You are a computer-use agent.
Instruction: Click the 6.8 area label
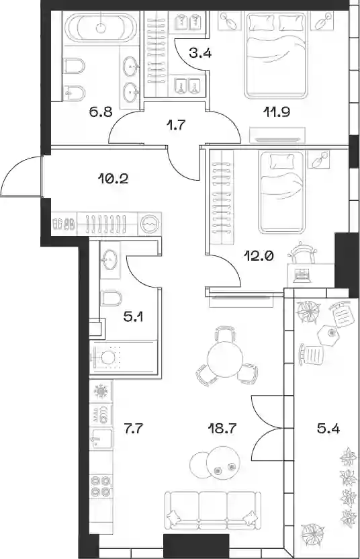pyautogui.click(x=101, y=112)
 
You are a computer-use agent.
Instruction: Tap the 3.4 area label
pyautogui.click(x=200, y=54)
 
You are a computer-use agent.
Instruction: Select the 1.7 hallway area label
pyautogui.click(x=177, y=125)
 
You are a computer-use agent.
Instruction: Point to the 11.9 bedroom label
pyautogui.click(x=276, y=112)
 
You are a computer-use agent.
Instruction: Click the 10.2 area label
pyautogui.click(x=113, y=178)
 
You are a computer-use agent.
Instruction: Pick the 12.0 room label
pyautogui.click(x=259, y=255)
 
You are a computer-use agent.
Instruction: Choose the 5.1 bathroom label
pyautogui.click(x=133, y=316)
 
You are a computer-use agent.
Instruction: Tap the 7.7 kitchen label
pyautogui.click(x=133, y=428)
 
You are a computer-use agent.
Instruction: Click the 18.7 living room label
pyautogui.click(x=222, y=428)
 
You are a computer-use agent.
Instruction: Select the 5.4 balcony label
pyautogui.click(x=328, y=428)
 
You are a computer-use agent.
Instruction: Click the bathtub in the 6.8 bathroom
pyautogui.click(x=101, y=27)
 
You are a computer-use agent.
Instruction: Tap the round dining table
pyautogui.click(x=225, y=358)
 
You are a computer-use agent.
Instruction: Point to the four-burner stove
pyautogui.click(x=100, y=486)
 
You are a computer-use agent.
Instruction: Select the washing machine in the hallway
pyautogui.click(x=150, y=224)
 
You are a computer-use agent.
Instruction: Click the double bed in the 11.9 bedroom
pyautogui.click(x=275, y=55)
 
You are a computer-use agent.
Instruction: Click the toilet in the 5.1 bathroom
pyautogui.click(x=111, y=298)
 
